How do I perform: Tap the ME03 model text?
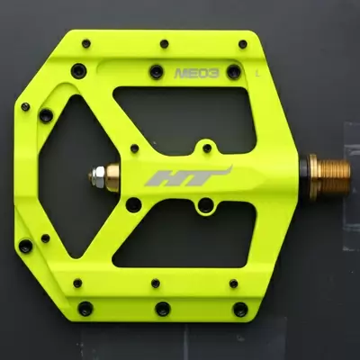point(197,73)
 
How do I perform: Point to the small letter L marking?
point(256,73)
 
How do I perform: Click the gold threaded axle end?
point(334,177)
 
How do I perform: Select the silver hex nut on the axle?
point(97,177)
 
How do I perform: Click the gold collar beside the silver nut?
point(112,177)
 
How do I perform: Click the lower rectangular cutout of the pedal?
point(184,237)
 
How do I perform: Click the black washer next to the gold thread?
point(305,177)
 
